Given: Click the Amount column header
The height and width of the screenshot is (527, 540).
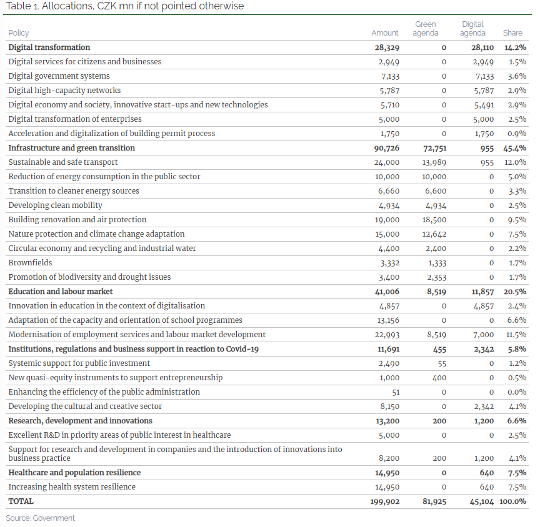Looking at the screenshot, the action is tap(384, 33).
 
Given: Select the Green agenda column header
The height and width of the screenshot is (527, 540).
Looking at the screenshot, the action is tap(426, 29).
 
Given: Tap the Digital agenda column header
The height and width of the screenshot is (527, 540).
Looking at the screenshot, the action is tap(472, 29).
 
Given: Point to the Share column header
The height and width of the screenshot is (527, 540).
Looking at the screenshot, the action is tap(512, 33).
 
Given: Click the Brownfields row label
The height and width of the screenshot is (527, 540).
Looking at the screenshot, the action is tap(30, 263).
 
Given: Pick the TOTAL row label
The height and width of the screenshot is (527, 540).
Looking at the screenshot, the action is tap(21, 501).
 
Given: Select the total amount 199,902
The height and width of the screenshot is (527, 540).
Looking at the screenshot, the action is tap(384, 501).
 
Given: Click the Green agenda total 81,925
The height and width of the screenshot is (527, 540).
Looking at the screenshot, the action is tap(434, 501).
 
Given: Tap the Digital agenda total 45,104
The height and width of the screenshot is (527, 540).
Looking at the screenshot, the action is tap(482, 501).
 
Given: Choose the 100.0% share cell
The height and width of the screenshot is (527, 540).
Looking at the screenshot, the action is tap(512, 501).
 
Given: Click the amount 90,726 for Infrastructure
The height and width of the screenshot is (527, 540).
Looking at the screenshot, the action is tap(387, 148).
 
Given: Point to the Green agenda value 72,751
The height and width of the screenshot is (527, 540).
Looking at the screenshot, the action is tap(434, 148).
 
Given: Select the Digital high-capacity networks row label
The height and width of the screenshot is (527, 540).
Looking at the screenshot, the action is tap(64, 91).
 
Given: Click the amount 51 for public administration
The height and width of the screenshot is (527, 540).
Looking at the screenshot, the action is tap(396, 392).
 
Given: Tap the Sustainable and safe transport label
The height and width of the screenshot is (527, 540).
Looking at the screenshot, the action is tap(63, 162).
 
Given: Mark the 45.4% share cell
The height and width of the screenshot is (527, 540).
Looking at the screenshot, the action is tap(515, 148).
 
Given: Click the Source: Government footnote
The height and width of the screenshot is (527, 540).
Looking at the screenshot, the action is tap(40, 518).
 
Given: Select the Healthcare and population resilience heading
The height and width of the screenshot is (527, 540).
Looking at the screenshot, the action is tap(74, 473).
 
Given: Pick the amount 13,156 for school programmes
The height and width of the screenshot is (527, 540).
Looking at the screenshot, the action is tap(388, 320).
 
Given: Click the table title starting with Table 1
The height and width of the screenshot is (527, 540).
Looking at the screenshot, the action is tap(125, 6).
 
